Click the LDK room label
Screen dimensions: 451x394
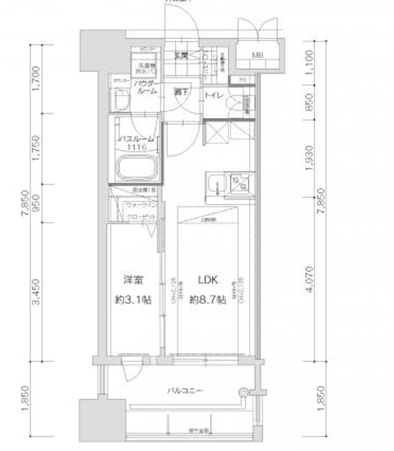(x=207, y=280)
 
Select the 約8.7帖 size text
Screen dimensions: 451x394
(x=207, y=300)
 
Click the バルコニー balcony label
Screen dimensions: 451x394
(x=182, y=390)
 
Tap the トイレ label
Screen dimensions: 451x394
(x=212, y=96)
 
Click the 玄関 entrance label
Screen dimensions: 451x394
(x=181, y=55)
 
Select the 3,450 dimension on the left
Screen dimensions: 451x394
(x=36, y=292)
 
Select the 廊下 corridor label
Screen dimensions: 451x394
(x=180, y=92)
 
